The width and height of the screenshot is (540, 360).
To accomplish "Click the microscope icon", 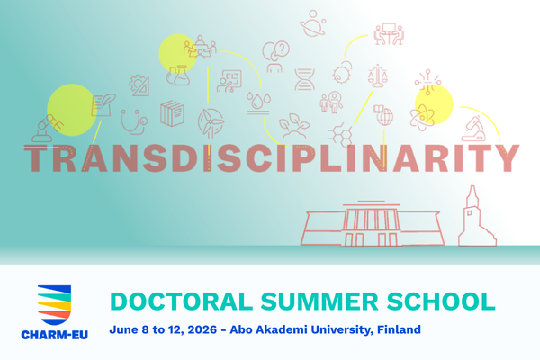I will [x=474, y=126].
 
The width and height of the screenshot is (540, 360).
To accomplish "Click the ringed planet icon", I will [x=313, y=22].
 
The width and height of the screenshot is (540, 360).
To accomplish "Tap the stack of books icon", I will [x=173, y=114].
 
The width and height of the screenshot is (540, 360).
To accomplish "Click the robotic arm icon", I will [x=47, y=127].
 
